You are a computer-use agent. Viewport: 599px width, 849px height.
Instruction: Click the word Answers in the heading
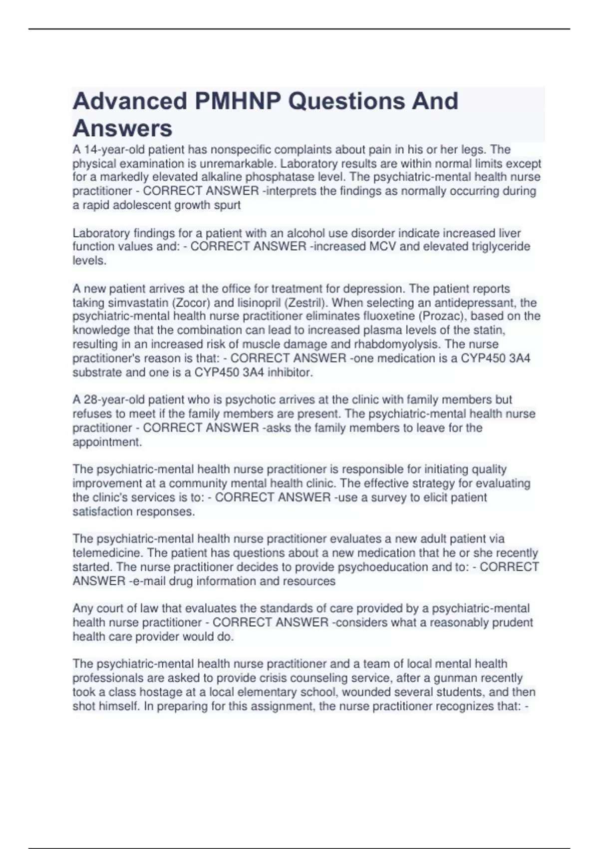(x=122, y=128)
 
